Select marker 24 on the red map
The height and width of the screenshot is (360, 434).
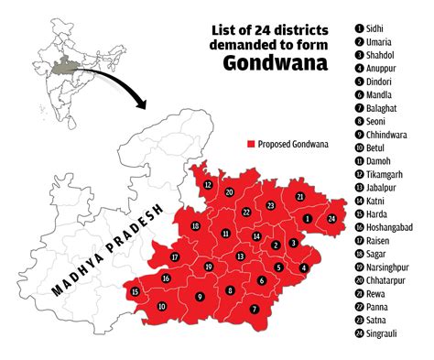point(331,218)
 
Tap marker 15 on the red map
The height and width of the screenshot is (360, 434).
point(136,292)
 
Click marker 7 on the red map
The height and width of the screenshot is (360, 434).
point(255,310)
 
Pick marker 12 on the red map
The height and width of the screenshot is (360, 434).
point(209,184)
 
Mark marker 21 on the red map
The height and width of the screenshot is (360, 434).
point(299,196)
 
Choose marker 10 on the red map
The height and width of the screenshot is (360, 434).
point(161,307)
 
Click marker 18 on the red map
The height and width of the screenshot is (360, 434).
point(195,226)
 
